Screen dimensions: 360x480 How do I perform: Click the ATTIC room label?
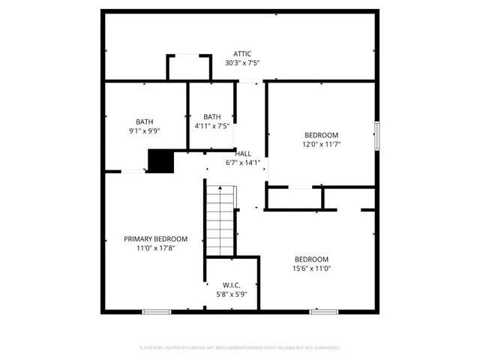point(241,53)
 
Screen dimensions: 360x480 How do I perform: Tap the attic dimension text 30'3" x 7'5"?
point(241,63)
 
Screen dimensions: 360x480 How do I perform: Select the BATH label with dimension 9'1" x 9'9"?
point(145,121)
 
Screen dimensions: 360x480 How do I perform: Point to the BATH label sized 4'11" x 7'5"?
point(212,116)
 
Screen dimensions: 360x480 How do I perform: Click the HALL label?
point(242,153)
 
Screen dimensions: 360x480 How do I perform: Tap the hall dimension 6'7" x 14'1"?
point(242,162)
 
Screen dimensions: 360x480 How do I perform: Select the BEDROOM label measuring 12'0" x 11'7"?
point(321,135)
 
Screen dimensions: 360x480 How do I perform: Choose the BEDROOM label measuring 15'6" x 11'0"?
point(310,259)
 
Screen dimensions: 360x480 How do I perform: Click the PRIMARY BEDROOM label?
point(155,238)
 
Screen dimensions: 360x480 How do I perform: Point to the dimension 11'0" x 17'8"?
point(155,248)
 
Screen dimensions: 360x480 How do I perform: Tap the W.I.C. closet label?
point(231,285)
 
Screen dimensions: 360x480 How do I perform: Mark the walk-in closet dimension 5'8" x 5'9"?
point(231,295)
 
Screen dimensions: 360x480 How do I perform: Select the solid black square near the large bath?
point(160,161)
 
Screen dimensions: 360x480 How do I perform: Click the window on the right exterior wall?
point(376,135)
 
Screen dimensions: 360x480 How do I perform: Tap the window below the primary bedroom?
point(157,311)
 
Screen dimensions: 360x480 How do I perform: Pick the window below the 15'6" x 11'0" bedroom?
point(324,311)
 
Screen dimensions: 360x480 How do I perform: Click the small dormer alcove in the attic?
point(185,67)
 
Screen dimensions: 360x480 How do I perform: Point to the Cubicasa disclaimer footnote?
point(240,348)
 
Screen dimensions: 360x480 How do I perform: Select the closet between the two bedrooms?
point(294,198)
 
